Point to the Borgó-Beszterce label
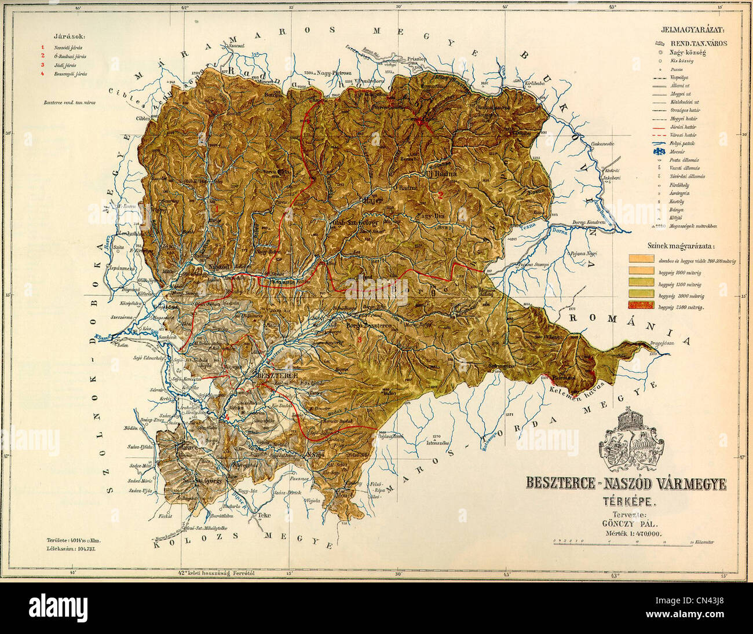tap(370, 326)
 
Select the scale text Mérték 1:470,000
tap(631, 535)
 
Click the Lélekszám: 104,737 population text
tap(71, 548)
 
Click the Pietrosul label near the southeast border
tap(562, 378)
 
